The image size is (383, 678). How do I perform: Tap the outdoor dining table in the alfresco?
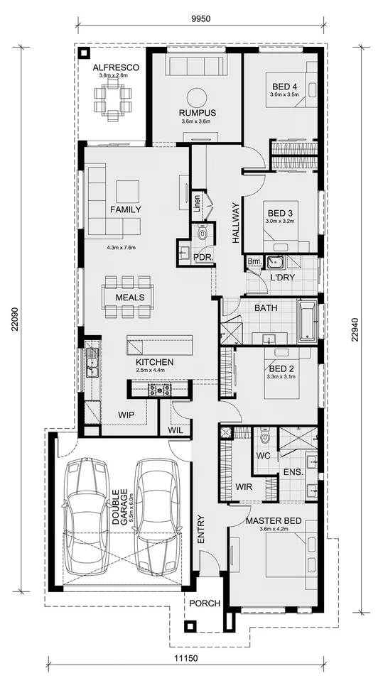click(114, 99)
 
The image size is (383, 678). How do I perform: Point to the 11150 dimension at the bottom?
click(186, 659)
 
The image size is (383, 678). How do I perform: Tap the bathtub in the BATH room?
click(306, 320)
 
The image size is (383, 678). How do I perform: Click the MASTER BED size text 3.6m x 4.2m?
click(273, 530)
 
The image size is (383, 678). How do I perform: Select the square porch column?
click(190, 626)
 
